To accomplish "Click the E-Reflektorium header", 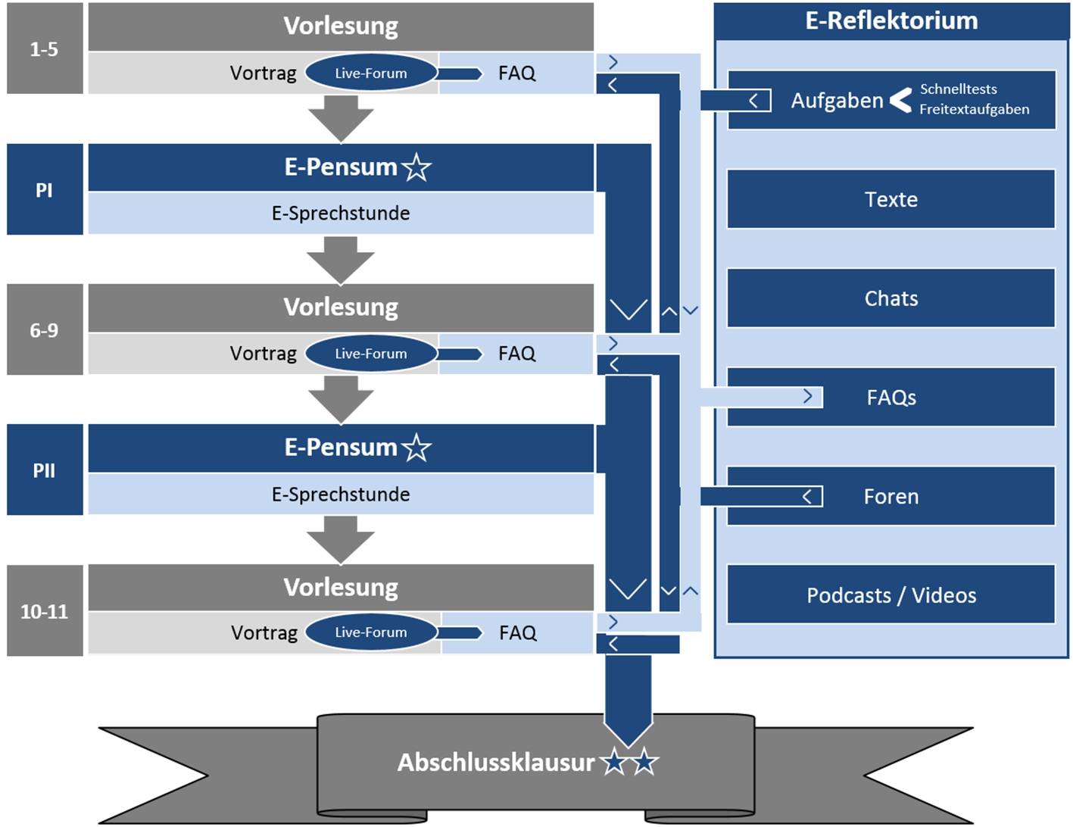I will click(x=891, y=20).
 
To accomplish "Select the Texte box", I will click(x=891, y=199).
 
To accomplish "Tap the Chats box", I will click(x=891, y=298).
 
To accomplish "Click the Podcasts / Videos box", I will click(x=891, y=595).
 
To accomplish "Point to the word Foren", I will click(x=891, y=497).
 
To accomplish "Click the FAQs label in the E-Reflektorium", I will click(x=891, y=398).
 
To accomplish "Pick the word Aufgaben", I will click(x=837, y=101).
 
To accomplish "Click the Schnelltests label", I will click(x=958, y=89).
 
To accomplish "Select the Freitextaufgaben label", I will click(x=974, y=110).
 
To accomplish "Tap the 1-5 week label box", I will click(x=45, y=49).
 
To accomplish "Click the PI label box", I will click(x=45, y=189).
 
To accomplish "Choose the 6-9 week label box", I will click(x=45, y=329).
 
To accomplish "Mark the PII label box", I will click(x=45, y=470).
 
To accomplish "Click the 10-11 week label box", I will click(x=45, y=610).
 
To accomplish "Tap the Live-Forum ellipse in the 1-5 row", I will click(x=371, y=73).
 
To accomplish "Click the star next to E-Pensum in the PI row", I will click(x=416, y=167).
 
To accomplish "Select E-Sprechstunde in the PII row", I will click(x=341, y=495).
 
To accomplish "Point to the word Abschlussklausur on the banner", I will click(x=496, y=763).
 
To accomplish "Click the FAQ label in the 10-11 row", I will click(x=518, y=633).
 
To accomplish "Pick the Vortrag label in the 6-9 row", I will click(x=263, y=354).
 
